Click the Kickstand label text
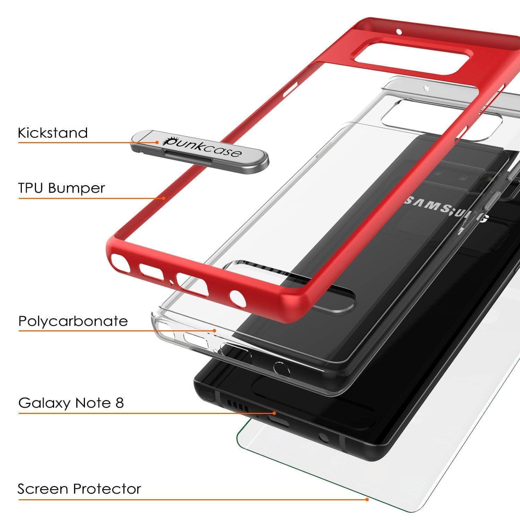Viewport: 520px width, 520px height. pyautogui.click(x=53, y=133)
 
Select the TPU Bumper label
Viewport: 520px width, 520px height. pyautogui.click(x=61, y=188)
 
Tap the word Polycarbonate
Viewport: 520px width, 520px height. pyautogui.click(x=73, y=321)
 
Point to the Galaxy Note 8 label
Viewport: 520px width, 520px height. pyautogui.click(x=71, y=403)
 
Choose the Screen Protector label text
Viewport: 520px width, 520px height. pyautogui.click(x=79, y=489)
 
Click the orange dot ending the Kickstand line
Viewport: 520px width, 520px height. pyautogui.click(x=157, y=142)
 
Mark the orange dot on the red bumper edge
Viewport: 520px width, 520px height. pyautogui.click(x=164, y=198)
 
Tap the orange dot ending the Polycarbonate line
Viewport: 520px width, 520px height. pyautogui.click(x=215, y=330)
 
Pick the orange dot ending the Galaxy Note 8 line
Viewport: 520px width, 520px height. pyautogui.click(x=274, y=413)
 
